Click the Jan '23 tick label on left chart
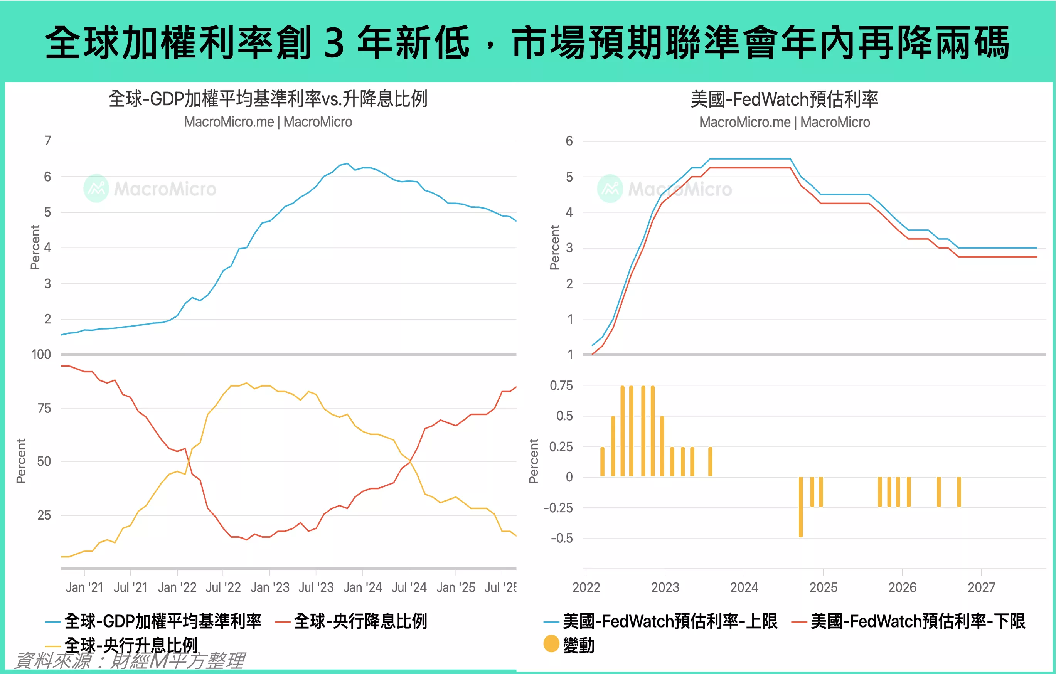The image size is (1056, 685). (x=270, y=587)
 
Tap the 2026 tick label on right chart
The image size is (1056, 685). (x=902, y=587)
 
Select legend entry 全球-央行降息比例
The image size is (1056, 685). (x=360, y=621)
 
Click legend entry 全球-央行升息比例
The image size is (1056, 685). (x=131, y=645)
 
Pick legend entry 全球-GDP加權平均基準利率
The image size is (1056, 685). (x=162, y=621)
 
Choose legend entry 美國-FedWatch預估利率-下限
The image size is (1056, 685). (x=918, y=621)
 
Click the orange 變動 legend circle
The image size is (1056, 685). (x=551, y=644)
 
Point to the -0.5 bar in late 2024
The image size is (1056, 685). (x=800, y=507)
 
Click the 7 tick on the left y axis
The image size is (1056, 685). (x=47, y=141)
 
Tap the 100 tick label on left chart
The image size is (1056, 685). (x=41, y=355)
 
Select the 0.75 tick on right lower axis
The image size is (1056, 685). (x=561, y=385)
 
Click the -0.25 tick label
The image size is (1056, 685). (x=558, y=508)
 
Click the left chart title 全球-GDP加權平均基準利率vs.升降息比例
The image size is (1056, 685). (x=268, y=99)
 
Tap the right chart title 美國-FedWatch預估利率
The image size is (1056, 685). (x=784, y=99)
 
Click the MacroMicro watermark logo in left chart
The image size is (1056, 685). (x=96, y=189)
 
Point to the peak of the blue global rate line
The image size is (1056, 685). (x=347, y=164)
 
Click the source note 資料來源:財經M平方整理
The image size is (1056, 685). (x=129, y=661)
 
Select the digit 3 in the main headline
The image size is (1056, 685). (x=333, y=43)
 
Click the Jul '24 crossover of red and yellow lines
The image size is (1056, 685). (x=410, y=462)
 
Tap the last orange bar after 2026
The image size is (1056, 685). (x=959, y=491)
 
